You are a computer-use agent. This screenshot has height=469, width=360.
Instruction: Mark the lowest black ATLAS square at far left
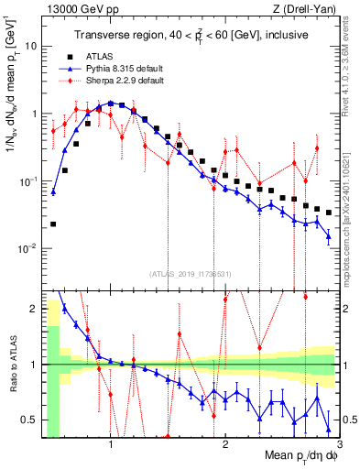coord(54,224)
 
